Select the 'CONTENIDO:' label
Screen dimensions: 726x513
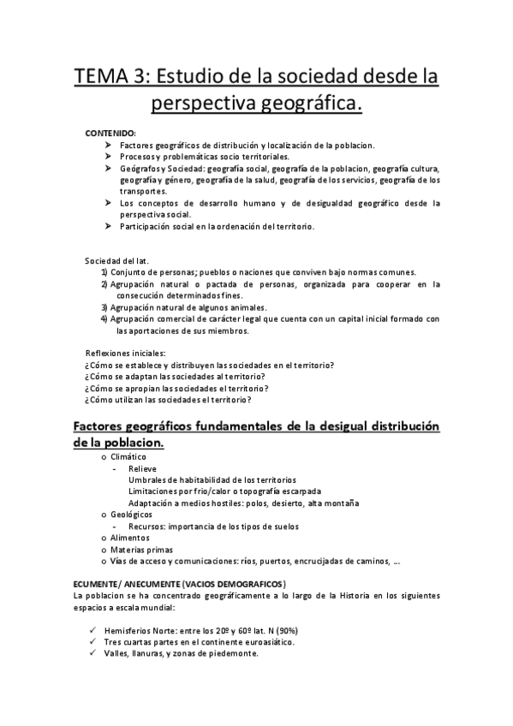click(110, 135)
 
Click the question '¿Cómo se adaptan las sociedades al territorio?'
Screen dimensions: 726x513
click(175, 377)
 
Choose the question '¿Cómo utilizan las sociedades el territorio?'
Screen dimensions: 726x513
click(168, 399)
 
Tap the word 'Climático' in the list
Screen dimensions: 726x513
click(128, 458)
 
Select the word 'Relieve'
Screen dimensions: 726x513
click(143, 469)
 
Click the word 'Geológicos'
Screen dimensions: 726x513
click(132, 515)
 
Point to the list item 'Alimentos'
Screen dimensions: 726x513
click(130, 538)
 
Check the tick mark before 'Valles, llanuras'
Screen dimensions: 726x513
click(92, 653)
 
